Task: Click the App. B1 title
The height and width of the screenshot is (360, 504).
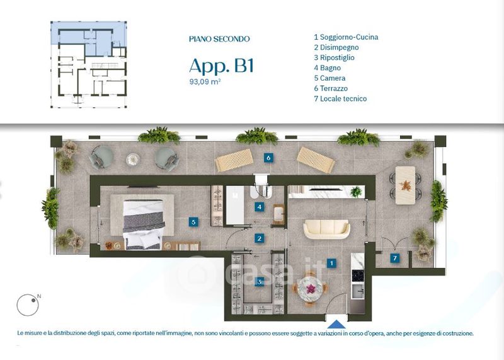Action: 222,66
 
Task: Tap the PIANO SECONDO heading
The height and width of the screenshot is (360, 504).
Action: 219,39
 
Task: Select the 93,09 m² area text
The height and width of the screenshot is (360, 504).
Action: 205,82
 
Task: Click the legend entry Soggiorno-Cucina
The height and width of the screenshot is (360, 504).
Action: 346,37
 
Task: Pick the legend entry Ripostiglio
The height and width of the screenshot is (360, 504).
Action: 335,58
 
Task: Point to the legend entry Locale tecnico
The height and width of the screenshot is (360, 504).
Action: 340,99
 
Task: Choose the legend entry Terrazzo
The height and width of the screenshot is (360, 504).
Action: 331,88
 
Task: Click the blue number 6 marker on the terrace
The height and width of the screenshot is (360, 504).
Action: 268,158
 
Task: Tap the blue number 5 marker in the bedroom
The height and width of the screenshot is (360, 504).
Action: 193,222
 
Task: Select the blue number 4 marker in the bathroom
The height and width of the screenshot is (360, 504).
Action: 260,207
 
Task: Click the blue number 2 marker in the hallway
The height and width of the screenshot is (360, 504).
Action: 259,238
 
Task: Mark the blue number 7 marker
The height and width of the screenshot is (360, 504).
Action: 395,258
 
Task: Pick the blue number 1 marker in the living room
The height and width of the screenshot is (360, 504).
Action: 331,263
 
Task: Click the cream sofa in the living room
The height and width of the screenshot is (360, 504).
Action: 326,229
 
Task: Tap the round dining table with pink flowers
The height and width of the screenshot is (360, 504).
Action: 310,289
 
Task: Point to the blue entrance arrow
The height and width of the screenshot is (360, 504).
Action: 336,324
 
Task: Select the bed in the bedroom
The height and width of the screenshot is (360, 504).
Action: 144,224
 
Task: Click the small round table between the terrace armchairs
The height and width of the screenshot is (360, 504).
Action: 133,160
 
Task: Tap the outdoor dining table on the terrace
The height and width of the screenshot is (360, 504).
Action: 405,185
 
